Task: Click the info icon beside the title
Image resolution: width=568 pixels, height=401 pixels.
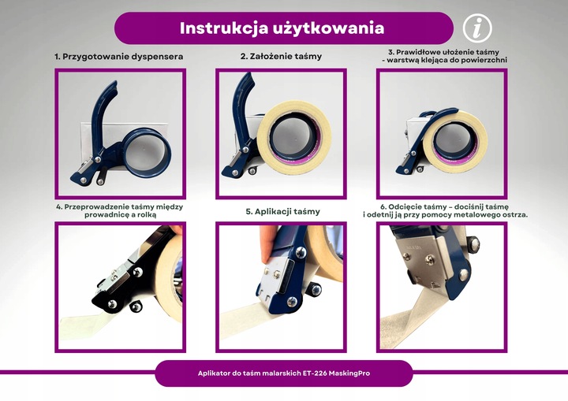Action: pyautogui.click(x=476, y=28)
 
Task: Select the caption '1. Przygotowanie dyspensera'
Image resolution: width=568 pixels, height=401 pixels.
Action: pyautogui.click(x=118, y=57)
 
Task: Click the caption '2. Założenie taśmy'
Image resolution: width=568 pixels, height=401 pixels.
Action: pyautogui.click(x=281, y=57)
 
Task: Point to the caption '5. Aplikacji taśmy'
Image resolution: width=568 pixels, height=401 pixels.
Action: pyautogui.click(x=282, y=212)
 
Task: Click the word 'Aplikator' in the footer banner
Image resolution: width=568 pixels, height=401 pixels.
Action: pyautogui.click(x=218, y=373)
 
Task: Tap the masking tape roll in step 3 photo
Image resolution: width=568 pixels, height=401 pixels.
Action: pyautogui.click(x=455, y=142)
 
